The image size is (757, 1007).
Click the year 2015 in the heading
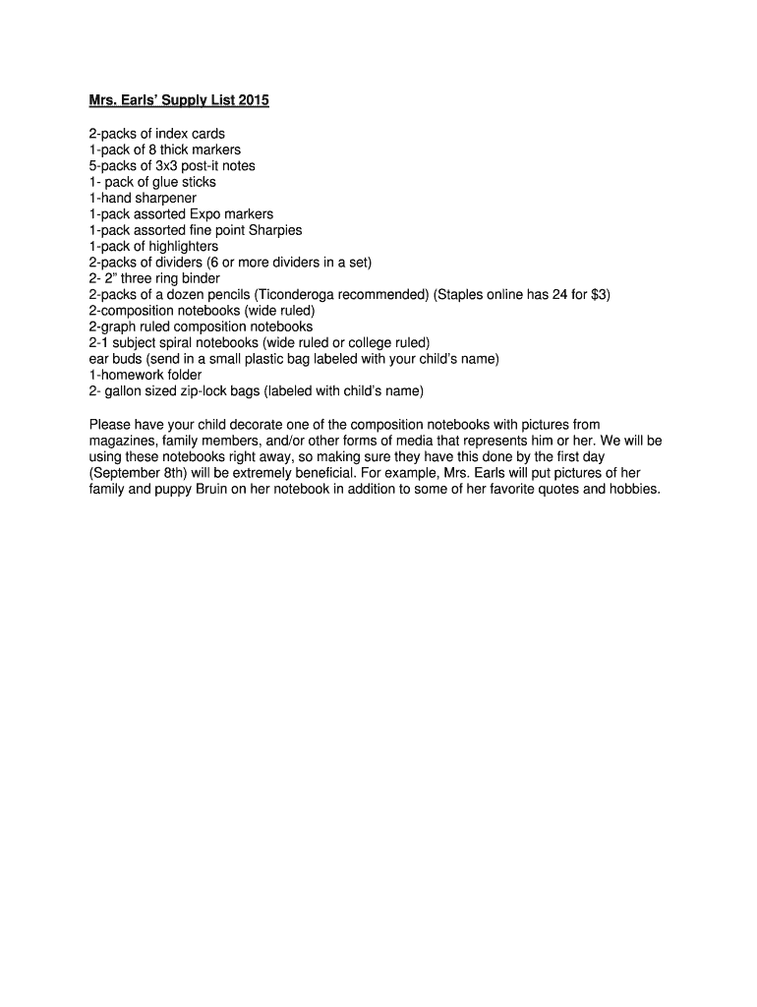pos(252,100)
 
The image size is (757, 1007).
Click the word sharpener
pos(159,198)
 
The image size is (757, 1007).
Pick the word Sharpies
pos(275,230)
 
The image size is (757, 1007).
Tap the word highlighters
pos(180,246)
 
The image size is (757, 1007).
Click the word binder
pos(200,278)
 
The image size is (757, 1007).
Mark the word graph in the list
pos(115,326)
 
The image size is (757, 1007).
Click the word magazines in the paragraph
pos(123,441)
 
